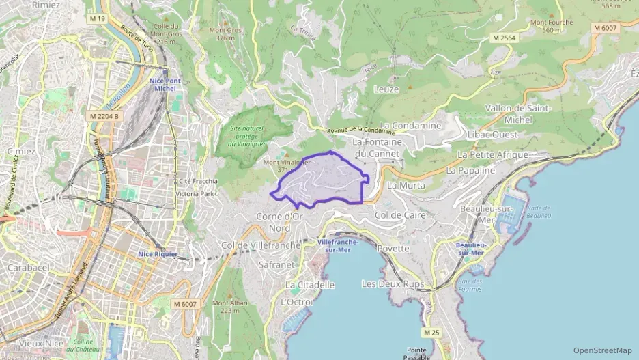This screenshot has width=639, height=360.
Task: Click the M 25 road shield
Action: click(x=430, y=332)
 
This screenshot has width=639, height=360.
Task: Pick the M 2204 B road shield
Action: click(x=104, y=116)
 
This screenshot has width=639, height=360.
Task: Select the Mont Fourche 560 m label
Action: click(x=552, y=26)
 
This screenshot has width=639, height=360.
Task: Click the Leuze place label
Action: click(x=386, y=89)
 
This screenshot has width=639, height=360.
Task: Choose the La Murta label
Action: click(x=406, y=185)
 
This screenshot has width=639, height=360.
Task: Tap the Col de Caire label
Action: click(x=401, y=214)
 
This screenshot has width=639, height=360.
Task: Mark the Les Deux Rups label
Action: click(x=393, y=283)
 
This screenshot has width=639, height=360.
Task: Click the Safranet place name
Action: click(x=277, y=263)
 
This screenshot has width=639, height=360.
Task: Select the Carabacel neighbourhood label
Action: click(x=28, y=268)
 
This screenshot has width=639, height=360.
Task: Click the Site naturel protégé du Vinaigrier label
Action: click(x=248, y=136)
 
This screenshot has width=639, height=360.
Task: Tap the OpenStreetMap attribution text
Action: click(x=602, y=350)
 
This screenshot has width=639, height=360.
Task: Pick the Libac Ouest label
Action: click(x=491, y=135)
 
